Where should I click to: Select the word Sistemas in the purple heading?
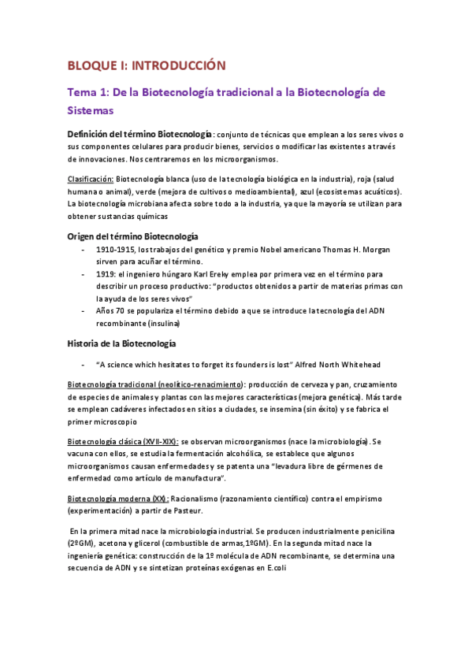pos(91,111)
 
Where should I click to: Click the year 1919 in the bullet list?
pos(106,274)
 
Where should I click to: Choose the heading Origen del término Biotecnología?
pos(132,236)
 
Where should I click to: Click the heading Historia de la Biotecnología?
pos(121,343)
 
